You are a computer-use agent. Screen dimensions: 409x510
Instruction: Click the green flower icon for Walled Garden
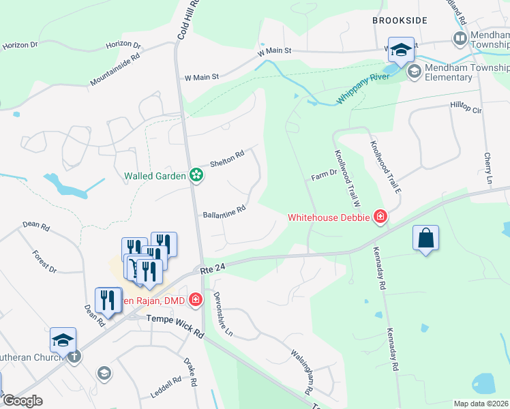(x=196, y=176)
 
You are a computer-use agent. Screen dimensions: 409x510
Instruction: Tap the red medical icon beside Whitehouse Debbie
(x=380, y=217)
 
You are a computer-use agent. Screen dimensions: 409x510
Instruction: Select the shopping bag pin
(x=425, y=239)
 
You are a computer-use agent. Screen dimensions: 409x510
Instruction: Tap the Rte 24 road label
(x=213, y=270)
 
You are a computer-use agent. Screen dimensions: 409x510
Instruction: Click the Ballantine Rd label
(x=224, y=211)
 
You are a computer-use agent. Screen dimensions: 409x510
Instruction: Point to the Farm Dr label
(x=324, y=175)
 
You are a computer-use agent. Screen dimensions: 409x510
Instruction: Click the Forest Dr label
(x=44, y=261)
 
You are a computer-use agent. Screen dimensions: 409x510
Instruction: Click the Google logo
(x=22, y=401)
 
